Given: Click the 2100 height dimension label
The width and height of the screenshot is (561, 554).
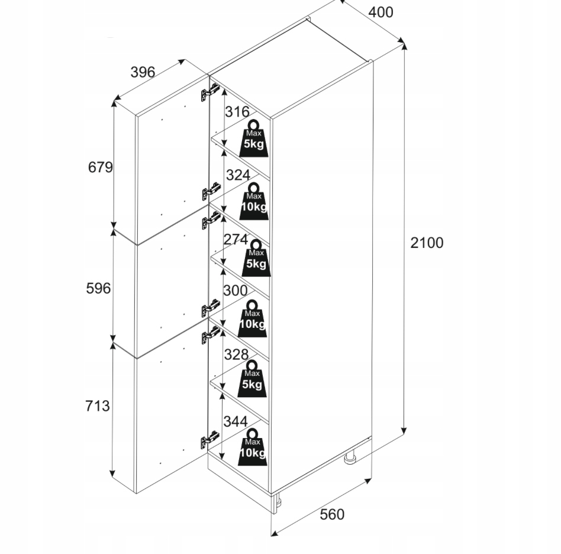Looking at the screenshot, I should [427, 243].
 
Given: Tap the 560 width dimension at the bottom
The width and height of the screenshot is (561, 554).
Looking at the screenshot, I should [331, 514].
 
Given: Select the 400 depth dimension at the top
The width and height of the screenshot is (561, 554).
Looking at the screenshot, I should [380, 12].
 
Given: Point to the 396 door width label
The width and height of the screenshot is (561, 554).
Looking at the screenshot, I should [143, 72].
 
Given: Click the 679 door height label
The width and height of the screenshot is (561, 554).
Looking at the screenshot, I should [100, 168].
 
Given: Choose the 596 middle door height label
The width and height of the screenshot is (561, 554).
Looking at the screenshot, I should [99, 288].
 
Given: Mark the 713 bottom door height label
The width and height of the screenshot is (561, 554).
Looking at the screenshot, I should [98, 406].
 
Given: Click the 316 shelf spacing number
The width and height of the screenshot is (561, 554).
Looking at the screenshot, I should [237, 112].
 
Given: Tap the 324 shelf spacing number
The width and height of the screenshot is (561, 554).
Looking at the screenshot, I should [238, 176].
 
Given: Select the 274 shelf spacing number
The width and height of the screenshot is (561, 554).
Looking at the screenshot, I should [236, 240].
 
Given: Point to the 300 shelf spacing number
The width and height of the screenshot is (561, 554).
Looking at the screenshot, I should [235, 290].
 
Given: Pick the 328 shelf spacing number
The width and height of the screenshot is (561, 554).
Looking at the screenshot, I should [236, 354].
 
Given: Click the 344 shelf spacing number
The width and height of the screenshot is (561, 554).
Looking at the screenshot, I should [235, 421].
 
